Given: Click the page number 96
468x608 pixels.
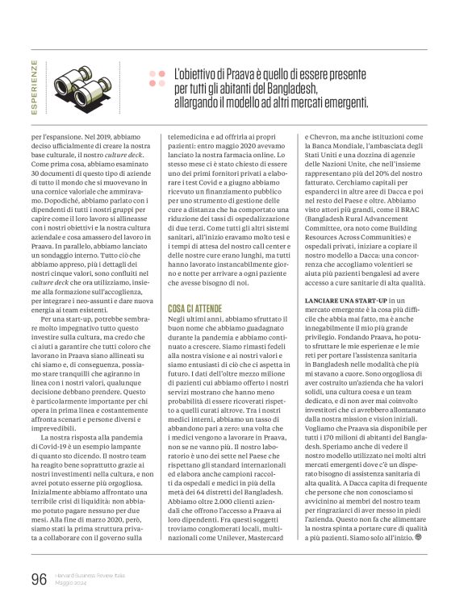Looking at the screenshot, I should tap(38, 577).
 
